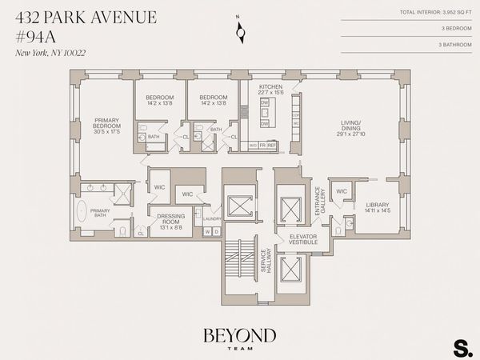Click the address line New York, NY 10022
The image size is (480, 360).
tap(50, 53)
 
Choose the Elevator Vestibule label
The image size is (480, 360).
tap(303, 238)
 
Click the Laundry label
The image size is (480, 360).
tap(212, 218)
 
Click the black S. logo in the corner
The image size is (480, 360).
tap(462, 347)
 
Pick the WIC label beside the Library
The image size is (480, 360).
tap(342, 191)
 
